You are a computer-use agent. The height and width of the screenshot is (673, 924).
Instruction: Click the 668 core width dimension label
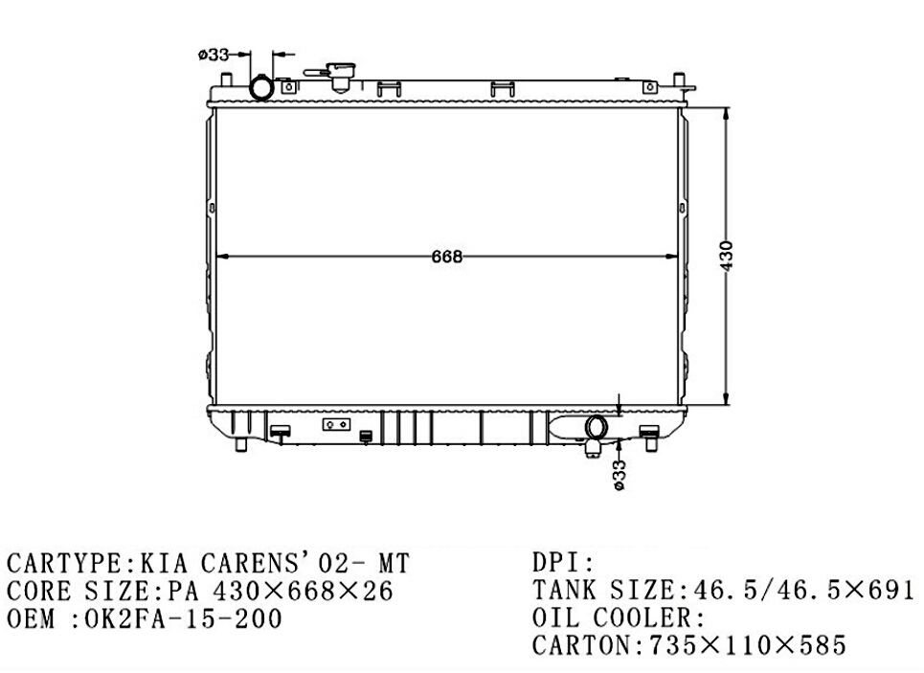click(447, 257)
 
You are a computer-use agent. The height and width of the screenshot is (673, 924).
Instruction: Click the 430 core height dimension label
click(727, 256)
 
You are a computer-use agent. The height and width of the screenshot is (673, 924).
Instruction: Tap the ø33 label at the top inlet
click(214, 55)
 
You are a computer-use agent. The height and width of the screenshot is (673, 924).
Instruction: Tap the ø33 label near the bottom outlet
click(619, 475)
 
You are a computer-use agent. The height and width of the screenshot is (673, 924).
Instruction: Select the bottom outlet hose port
click(597, 427)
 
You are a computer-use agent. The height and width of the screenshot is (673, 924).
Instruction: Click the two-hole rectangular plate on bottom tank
click(336, 424)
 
